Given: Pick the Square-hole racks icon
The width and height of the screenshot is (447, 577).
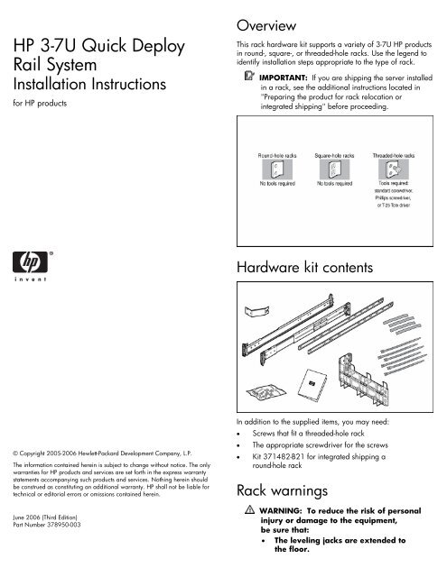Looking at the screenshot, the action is coord(333,170).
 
